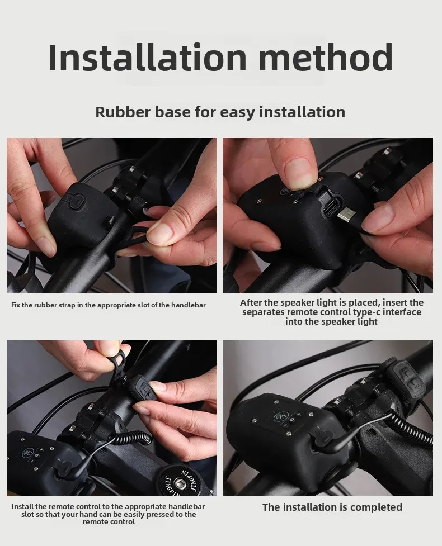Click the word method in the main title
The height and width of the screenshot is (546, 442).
click(x=326, y=58)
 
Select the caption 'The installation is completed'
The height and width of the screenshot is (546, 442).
click(x=332, y=507)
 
